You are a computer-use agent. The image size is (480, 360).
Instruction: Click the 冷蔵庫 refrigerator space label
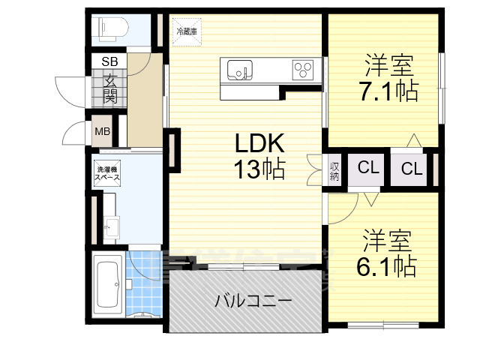pyautogui.click(x=187, y=31)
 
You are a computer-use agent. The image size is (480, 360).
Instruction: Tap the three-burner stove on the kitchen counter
pyautogui.click(x=303, y=70)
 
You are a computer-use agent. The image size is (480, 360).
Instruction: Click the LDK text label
pyautogui.click(x=260, y=143)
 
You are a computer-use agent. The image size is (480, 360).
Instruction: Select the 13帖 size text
pyautogui.click(x=260, y=171)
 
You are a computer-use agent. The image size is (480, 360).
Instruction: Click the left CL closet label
pyautogui.click(x=367, y=169)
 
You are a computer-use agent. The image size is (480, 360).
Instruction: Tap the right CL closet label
pyautogui.click(x=412, y=169)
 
